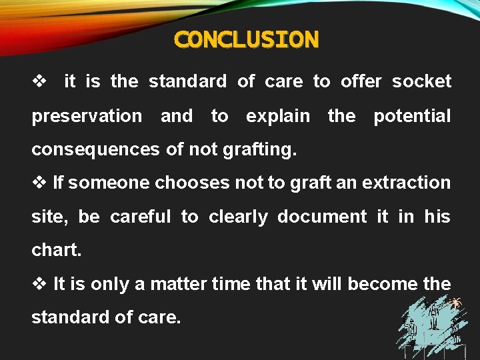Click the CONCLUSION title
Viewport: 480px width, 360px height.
click(x=246, y=39)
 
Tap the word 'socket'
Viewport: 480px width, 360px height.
click(x=421, y=81)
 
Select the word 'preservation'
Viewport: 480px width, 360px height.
click(x=87, y=116)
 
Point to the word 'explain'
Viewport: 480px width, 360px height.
click(x=277, y=116)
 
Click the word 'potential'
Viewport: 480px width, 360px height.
click(x=412, y=116)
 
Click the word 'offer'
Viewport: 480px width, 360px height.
click(x=361, y=81)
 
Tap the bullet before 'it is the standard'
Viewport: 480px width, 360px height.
click(x=39, y=81)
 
